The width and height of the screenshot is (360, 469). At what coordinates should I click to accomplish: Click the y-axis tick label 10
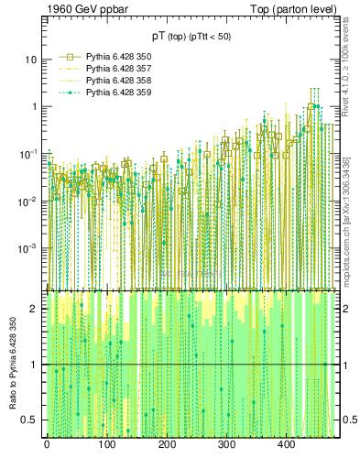tap(31, 60)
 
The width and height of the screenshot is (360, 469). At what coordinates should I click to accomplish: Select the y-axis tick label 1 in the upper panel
tap(35, 106)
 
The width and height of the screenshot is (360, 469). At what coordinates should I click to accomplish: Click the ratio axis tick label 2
tap(35, 309)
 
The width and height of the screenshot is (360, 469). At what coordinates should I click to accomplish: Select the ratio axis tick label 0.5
tap(29, 420)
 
